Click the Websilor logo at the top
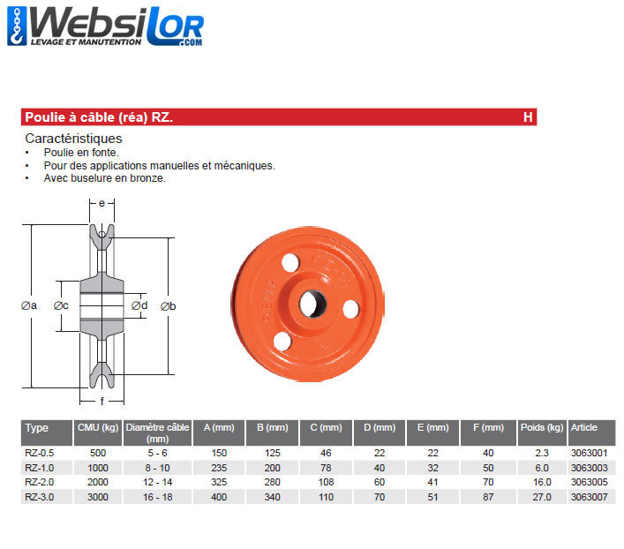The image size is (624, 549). point(105,27)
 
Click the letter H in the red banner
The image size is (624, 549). point(527,117)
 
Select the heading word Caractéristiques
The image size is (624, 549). point(73,139)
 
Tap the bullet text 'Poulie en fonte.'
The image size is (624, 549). point(80,152)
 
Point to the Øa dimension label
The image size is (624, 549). point(29,305)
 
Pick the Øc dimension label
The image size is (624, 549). point(61,305)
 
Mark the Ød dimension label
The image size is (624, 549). point(139,305)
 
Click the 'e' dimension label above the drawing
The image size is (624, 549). point(101,203)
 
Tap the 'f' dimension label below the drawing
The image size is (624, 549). point(101,402)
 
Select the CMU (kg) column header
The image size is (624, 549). point(97,427)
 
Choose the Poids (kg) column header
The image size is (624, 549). point(542,427)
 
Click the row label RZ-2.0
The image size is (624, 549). point(40,482)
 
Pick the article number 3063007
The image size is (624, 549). point(590,496)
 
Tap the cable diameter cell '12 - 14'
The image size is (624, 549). point(157,482)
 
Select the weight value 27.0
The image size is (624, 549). point(542,496)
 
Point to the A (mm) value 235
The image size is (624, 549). point(218,468)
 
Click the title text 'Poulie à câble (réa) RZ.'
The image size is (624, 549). point(93,117)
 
